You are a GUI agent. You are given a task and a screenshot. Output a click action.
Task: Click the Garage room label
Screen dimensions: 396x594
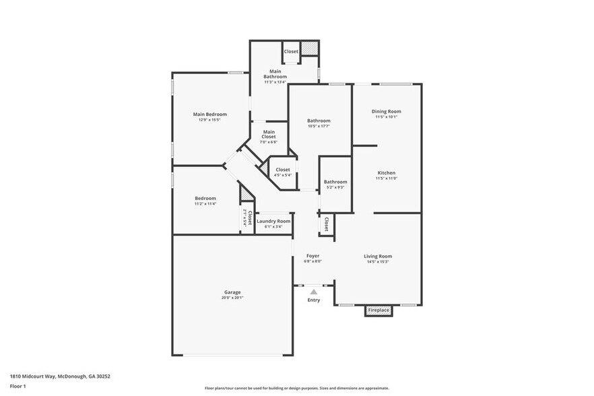click(232, 292)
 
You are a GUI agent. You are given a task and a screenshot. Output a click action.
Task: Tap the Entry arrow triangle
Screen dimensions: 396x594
click(313, 292)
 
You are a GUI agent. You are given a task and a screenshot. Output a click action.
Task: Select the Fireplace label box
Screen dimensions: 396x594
click(378, 310)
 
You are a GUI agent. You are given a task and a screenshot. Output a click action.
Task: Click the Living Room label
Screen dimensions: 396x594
click(378, 256)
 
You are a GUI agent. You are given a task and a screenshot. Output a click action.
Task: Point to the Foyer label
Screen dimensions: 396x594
click(313, 256)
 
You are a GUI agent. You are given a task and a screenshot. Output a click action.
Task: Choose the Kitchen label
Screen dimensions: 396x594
click(387, 173)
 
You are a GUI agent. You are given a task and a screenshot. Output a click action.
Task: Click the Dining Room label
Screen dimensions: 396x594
click(387, 111)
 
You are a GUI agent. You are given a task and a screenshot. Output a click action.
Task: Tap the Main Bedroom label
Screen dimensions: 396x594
click(209, 114)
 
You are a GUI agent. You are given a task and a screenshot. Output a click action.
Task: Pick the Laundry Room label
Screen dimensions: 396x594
click(273, 221)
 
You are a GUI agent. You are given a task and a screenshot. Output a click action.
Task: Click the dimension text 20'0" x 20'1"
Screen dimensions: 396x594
click(232, 298)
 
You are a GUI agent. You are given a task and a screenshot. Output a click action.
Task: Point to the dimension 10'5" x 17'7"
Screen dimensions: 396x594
click(319, 126)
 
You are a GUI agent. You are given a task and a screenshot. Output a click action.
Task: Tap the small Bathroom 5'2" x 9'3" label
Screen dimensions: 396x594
click(335, 182)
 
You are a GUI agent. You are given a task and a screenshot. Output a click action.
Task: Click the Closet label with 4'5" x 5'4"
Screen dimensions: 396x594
click(282, 170)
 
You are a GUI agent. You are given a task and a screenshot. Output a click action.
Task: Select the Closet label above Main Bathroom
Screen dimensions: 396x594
click(291, 52)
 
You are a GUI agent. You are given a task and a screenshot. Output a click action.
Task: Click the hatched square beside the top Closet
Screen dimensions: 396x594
click(309, 50)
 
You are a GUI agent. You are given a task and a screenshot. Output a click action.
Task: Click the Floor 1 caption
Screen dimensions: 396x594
click(18, 386)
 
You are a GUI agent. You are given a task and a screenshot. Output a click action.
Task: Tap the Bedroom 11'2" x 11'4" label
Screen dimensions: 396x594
click(205, 198)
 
